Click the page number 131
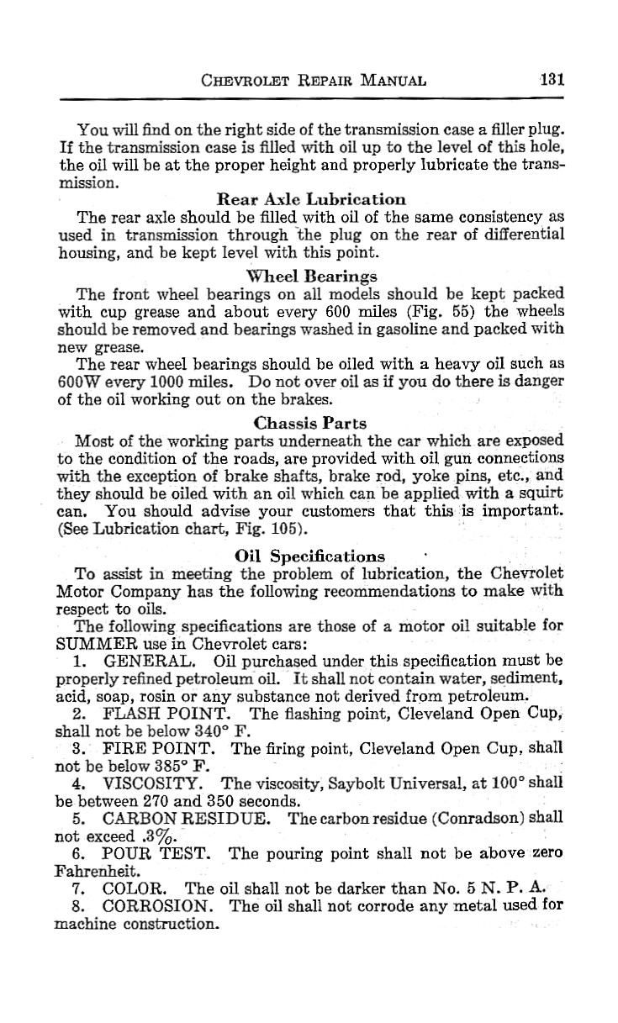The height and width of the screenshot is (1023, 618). click(551, 81)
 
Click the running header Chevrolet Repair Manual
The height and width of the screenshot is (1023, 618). click(314, 82)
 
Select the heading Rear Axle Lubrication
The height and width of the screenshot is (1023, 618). click(311, 199)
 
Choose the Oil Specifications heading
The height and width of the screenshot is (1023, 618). click(310, 556)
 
